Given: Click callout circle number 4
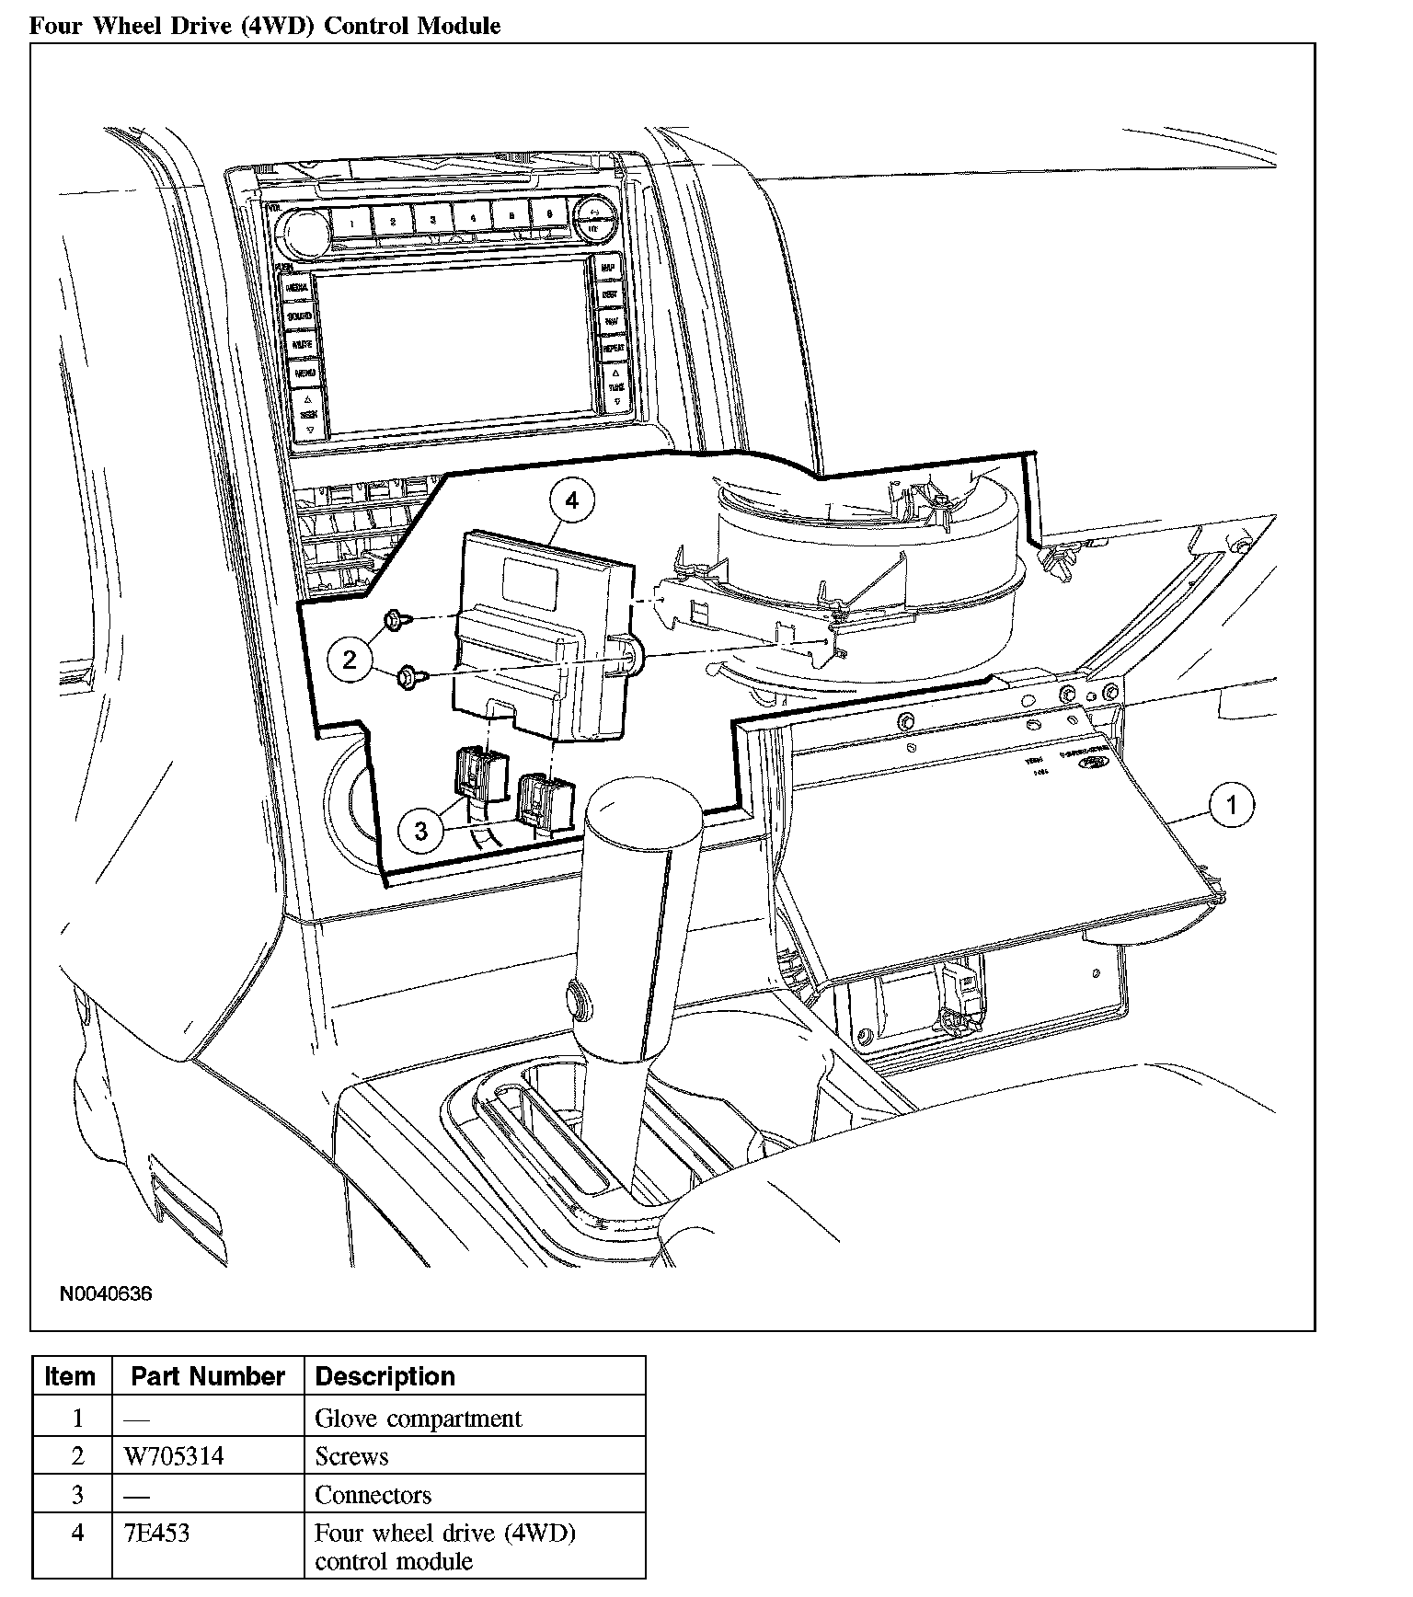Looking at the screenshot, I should pyautogui.click(x=572, y=501).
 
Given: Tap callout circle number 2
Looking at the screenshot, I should pyautogui.click(x=350, y=659).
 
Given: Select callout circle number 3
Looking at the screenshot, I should pyautogui.click(x=421, y=831).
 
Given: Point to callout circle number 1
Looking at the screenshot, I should pyautogui.click(x=1232, y=806).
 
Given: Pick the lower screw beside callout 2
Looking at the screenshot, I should pyautogui.click(x=406, y=680).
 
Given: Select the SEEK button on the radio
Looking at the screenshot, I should pyautogui.click(x=309, y=414).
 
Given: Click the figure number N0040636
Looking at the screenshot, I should pyautogui.click(x=106, y=1294).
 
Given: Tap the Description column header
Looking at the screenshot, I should pyautogui.click(x=385, y=1376).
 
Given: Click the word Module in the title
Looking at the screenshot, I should pyautogui.click(x=459, y=26).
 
